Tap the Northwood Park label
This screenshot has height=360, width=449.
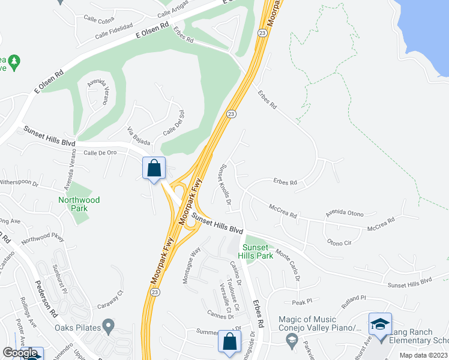click(x=79, y=204)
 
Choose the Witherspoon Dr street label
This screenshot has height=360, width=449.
click(x=19, y=181)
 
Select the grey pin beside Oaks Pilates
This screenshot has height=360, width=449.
click(x=108, y=327)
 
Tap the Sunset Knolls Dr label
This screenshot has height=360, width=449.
click(x=225, y=184)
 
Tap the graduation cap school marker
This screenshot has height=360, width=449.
click(x=380, y=325)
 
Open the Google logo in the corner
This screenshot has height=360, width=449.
click(x=20, y=353)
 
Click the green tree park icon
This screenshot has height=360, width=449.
click(x=14, y=61)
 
